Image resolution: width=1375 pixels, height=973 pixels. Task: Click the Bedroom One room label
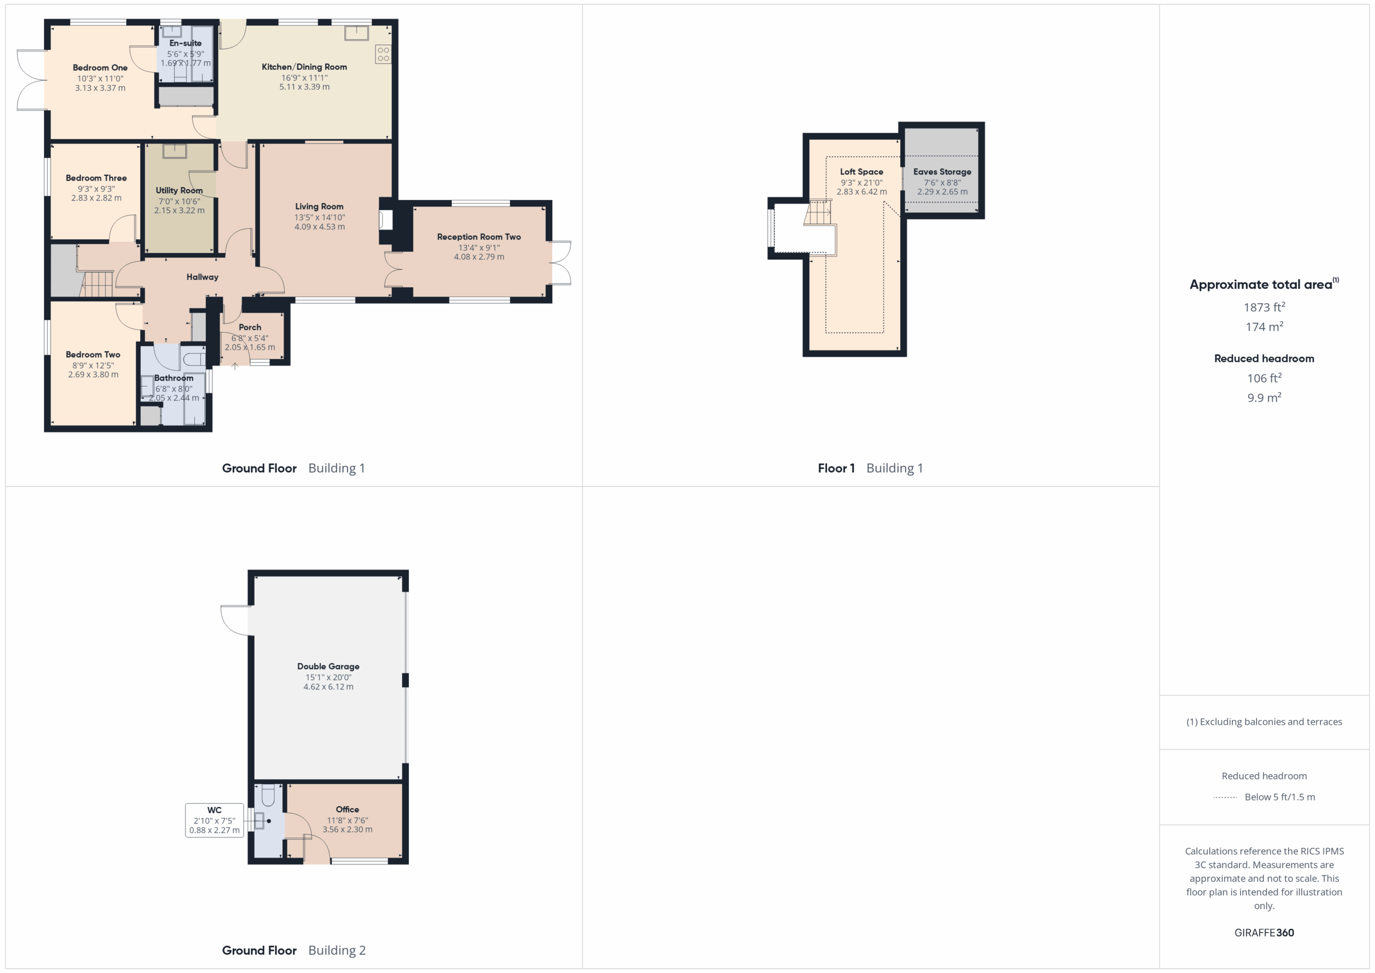[x=100, y=68]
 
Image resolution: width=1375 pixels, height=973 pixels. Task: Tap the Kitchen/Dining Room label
[x=304, y=67]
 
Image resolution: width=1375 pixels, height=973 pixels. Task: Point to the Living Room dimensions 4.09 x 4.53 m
[x=319, y=227]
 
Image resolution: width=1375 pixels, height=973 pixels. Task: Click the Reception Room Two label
[x=479, y=236]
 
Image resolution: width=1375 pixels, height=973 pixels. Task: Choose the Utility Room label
[x=179, y=191]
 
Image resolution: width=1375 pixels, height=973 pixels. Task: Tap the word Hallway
[x=202, y=277]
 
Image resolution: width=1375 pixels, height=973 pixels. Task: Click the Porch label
[x=250, y=327]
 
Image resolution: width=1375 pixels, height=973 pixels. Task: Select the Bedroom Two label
[x=93, y=355]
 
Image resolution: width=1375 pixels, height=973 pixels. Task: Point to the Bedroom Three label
[x=96, y=178]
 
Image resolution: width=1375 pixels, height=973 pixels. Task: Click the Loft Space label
[x=861, y=172]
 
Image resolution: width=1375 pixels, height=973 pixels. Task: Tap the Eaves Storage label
[x=942, y=172]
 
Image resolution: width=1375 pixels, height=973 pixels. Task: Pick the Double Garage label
[x=328, y=666]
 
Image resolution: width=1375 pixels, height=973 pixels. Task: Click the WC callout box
[x=214, y=820]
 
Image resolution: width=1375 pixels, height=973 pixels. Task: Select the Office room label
[x=348, y=810]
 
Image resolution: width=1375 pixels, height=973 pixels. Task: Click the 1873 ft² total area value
[x=1264, y=307]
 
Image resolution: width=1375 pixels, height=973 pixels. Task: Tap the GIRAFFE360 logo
[x=1264, y=932]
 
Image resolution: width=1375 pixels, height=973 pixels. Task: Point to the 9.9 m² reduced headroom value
[x=1264, y=397]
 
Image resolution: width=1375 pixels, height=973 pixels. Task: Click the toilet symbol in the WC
[x=267, y=795]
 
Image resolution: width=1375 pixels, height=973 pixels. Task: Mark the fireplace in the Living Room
[x=386, y=220]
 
